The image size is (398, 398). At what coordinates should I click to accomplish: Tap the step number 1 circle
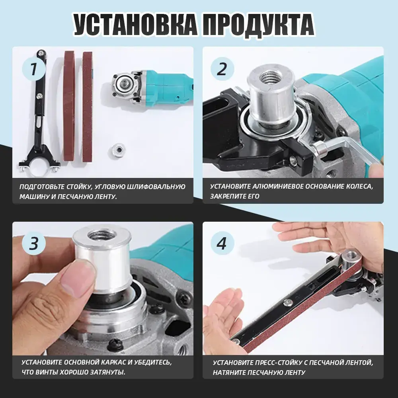click(34, 69)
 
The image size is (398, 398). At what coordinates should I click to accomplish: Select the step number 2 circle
click(222, 69)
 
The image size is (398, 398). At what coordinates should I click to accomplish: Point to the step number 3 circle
click(34, 244)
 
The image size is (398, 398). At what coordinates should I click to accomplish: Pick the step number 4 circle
click(222, 244)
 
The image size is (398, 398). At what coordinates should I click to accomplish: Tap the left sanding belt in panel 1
click(69, 106)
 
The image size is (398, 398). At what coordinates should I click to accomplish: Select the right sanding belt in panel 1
click(88, 107)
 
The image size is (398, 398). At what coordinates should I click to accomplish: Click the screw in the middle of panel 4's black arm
click(288, 302)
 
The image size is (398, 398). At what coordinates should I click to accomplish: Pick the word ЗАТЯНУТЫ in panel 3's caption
click(108, 372)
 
